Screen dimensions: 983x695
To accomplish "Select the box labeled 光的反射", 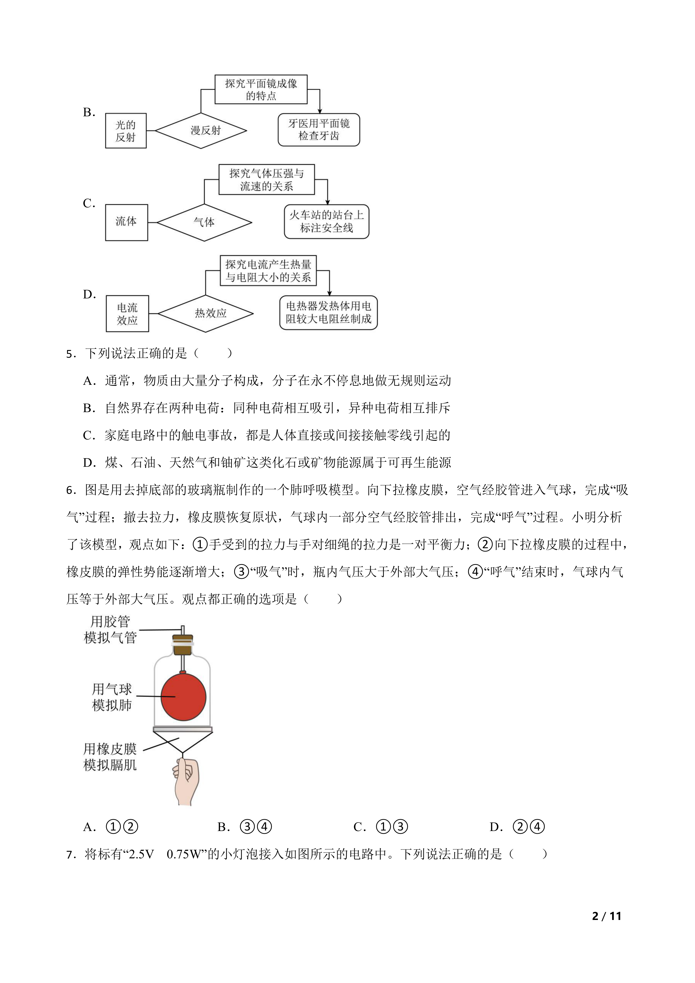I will point(126,131).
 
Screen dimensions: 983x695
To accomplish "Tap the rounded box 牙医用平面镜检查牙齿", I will point(319,130).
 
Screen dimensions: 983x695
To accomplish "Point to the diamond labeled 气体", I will point(204,222).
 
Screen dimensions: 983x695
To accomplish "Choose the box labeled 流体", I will point(126,222).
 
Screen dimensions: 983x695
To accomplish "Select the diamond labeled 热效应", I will point(206,313).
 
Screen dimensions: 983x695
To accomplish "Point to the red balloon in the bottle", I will point(183,697).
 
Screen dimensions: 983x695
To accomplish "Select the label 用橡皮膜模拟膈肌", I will point(110,757).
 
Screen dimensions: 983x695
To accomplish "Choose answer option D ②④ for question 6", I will point(517,827).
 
